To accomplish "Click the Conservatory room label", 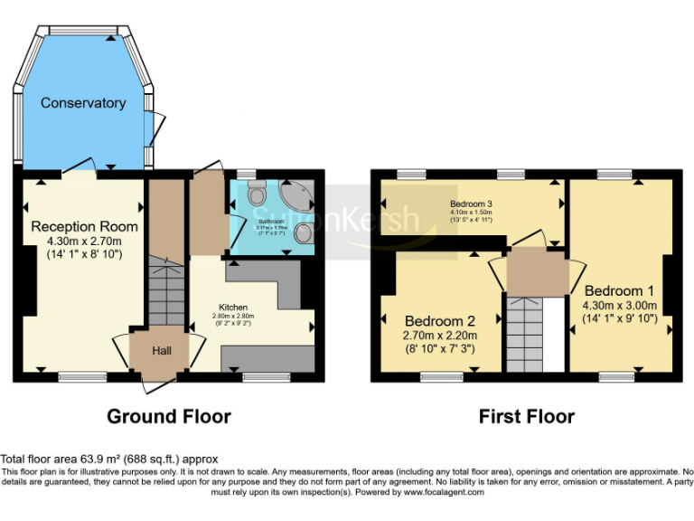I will (x=83, y=103).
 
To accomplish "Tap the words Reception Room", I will (x=84, y=225).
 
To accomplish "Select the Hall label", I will (x=161, y=350).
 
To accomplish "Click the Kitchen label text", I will (x=233, y=307).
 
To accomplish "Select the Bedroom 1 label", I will (x=620, y=290).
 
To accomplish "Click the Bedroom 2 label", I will (x=439, y=320).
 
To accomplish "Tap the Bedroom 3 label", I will (x=471, y=204).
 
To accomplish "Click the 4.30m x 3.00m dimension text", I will (x=620, y=305).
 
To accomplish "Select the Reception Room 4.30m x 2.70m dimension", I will (x=84, y=241).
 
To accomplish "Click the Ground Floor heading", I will (x=168, y=417).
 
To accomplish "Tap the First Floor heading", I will (x=526, y=417).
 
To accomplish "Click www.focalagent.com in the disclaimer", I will (x=444, y=493).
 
